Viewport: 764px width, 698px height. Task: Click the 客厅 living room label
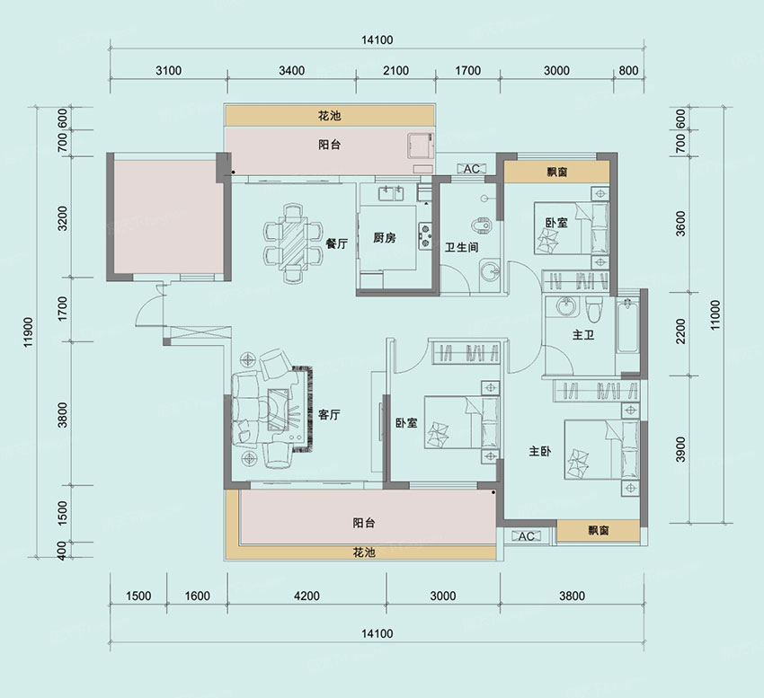[329, 415]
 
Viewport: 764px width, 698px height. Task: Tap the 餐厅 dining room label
[337, 243]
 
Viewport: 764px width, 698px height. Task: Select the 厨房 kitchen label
[385, 238]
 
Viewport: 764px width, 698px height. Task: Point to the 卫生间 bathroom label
[461, 247]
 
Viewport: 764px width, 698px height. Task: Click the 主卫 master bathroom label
[583, 335]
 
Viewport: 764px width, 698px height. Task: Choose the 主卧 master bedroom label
[540, 452]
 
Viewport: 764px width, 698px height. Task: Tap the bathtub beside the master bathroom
[627, 326]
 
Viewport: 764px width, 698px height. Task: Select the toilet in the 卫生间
[483, 225]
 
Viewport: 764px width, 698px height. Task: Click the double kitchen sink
[391, 193]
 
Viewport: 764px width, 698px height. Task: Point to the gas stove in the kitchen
[425, 235]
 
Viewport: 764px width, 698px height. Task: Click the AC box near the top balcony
[471, 169]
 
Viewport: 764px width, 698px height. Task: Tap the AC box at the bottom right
[526, 536]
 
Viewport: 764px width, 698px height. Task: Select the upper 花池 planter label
[329, 116]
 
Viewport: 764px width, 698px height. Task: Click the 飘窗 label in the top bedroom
[557, 172]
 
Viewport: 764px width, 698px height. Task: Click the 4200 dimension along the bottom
[307, 596]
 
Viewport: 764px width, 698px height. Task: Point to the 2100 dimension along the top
[395, 71]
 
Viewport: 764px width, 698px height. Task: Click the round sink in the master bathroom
[565, 307]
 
